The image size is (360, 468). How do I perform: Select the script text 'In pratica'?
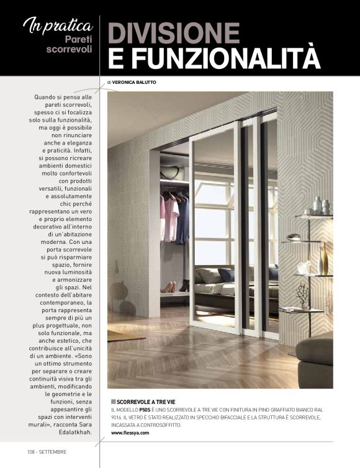coord(58,25)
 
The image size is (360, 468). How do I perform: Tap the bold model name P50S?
coord(145,410)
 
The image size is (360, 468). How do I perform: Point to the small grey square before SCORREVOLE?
coord(113,402)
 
